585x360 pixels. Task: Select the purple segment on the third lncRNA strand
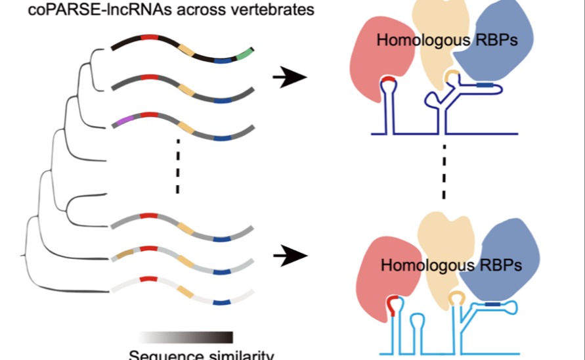123,120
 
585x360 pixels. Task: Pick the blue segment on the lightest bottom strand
222,302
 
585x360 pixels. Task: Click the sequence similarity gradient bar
187,337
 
